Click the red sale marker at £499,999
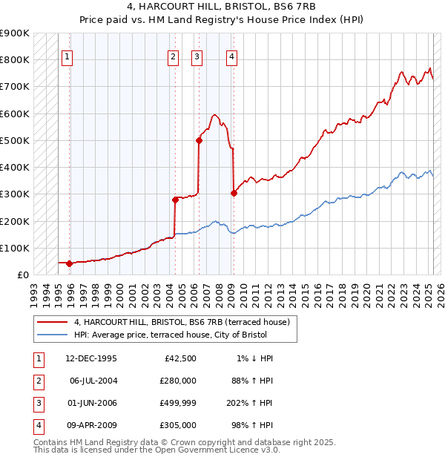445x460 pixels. click(x=199, y=140)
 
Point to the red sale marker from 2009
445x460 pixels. click(x=234, y=193)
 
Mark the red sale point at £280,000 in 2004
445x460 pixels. click(x=176, y=200)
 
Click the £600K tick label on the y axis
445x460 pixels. click(x=15, y=114)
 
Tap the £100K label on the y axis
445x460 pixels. click(x=15, y=248)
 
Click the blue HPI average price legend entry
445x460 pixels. click(x=174, y=335)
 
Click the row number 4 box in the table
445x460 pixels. click(x=38, y=425)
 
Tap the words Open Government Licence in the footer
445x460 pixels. click(x=217, y=450)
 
